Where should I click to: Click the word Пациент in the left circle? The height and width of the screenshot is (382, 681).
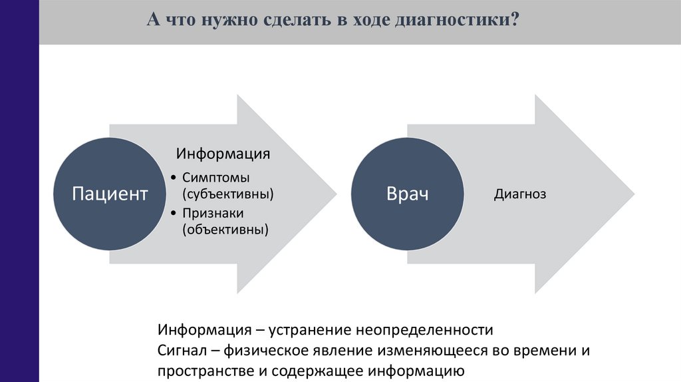[x=110, y=194]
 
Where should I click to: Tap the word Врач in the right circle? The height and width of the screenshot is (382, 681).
[x=407, y=194]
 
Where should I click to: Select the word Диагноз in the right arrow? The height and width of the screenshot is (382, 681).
[x=520, y=194]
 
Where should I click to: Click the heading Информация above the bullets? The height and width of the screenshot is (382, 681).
[x=223, y=154]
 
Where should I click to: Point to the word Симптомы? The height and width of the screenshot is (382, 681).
[x=216, y=178]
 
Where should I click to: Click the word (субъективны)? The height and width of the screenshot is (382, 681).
[x=228, y=194]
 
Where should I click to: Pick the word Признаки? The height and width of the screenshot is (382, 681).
[x=213, y=214]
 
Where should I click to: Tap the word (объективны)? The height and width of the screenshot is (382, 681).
[x=225, y=230]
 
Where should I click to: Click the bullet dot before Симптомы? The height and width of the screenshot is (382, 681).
[x=173, y=178]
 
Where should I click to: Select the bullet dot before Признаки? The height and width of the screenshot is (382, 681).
[x=173, y=214]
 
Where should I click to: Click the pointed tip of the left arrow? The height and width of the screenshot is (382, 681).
[x=337, y=194]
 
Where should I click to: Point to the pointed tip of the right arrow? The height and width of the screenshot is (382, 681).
[x=634, y=194]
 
